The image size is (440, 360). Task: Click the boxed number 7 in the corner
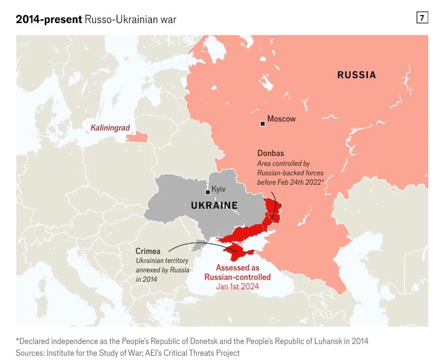422,18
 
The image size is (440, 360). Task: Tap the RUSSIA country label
356,75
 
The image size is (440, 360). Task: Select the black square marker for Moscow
262,123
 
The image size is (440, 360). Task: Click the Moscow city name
281,119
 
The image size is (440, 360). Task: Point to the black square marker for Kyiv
207,192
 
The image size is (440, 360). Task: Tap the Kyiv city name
219,189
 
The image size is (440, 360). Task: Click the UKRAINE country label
214,206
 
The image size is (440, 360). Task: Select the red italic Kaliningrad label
110,128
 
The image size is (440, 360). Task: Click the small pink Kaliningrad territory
136,137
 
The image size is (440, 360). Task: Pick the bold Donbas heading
270,153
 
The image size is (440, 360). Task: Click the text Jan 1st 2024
237,286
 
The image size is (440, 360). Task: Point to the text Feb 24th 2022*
302,182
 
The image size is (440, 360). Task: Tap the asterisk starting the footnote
17,341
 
